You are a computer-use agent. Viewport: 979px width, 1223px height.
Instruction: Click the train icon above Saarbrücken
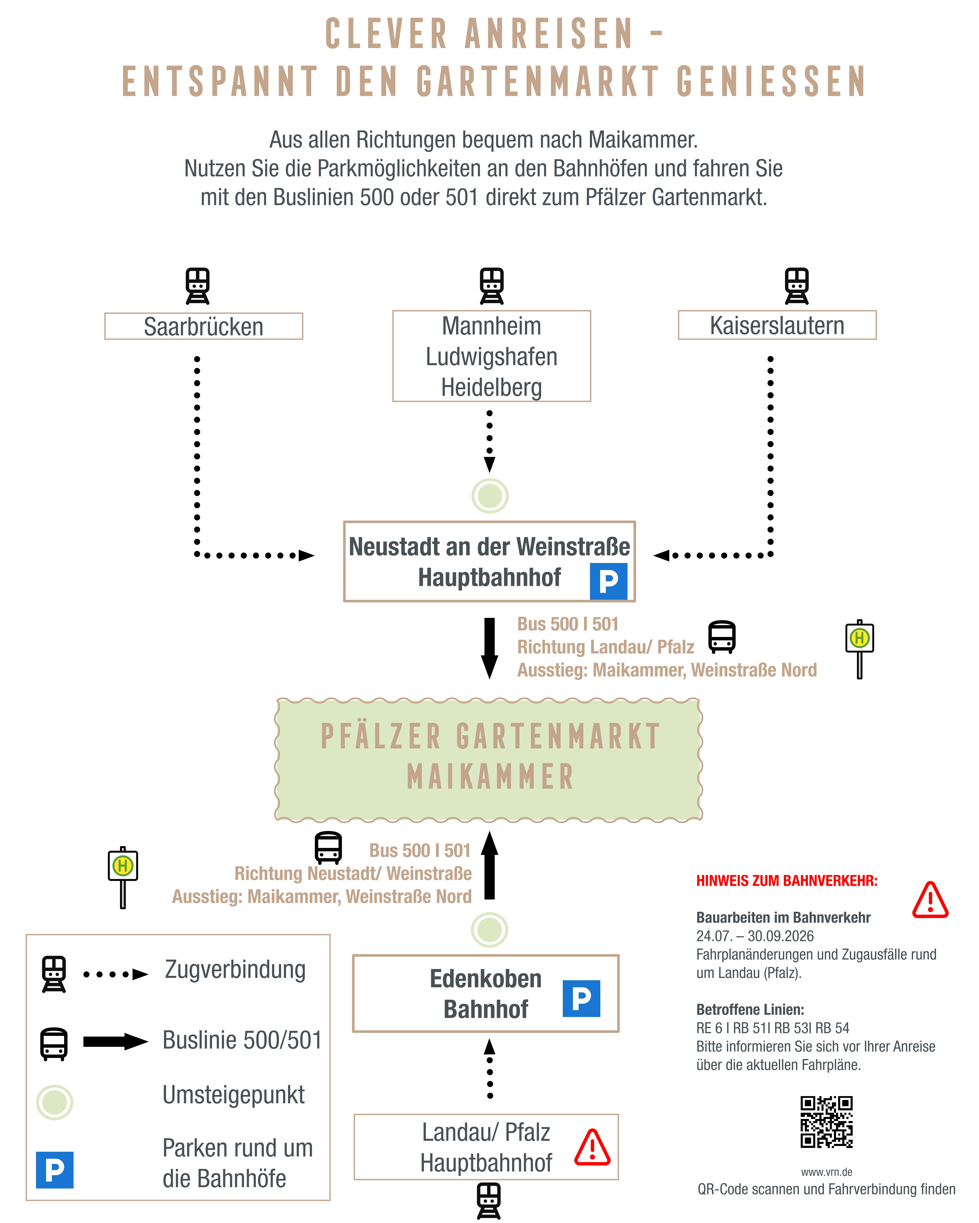(197, 286)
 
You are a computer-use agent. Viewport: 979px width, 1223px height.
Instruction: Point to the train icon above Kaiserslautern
(797, 286)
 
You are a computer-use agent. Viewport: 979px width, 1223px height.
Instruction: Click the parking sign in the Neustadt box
(608, 581)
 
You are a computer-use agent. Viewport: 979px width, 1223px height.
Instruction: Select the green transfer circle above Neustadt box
(490, 496)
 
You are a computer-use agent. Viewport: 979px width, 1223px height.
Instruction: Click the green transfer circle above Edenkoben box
(489, 930)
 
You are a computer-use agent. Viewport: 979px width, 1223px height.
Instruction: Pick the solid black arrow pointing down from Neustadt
(489, 648)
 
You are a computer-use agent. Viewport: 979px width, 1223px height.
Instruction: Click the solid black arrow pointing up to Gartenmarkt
(489, 865)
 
